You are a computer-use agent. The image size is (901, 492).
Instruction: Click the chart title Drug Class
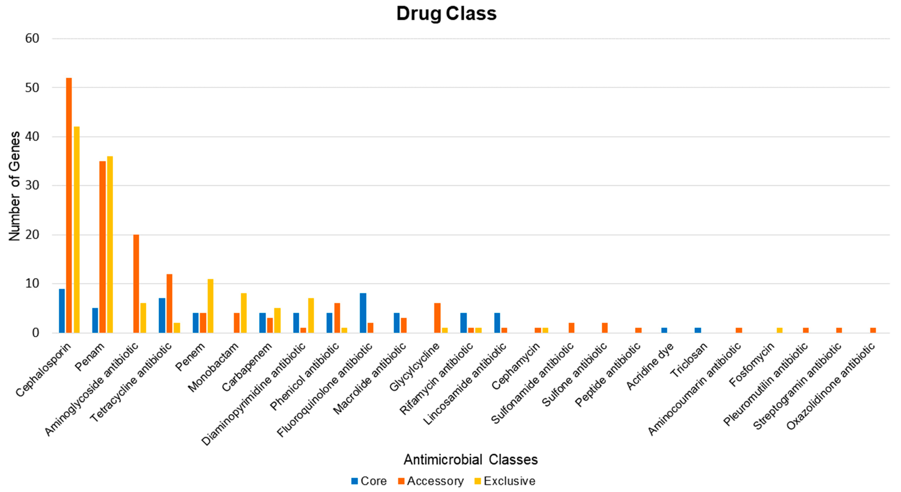tap(446, 14)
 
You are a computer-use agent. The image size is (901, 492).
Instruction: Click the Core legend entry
tap(369, 481)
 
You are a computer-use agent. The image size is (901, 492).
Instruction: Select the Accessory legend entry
tap(431, 481)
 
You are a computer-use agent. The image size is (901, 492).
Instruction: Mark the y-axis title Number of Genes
tap(15, 186)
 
